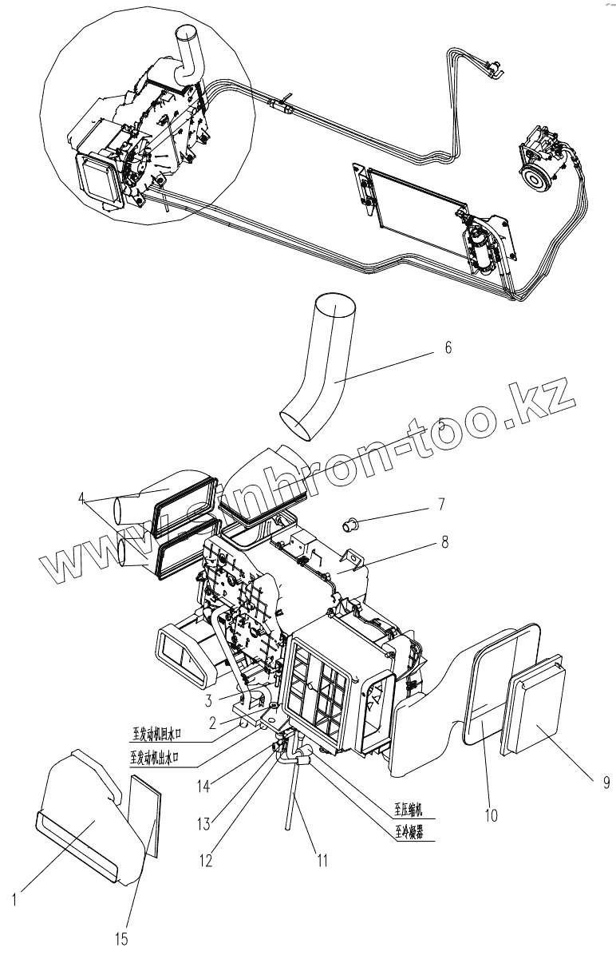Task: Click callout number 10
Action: (491, 815)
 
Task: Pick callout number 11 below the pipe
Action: (322, 861)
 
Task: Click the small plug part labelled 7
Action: (349, 525)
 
